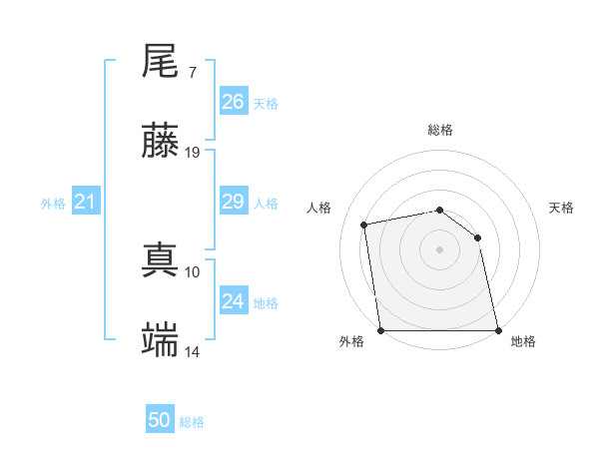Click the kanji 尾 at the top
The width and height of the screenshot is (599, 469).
(x=161, y=63)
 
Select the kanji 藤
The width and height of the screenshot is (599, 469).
(x=161, y=142)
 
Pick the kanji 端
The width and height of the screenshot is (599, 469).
(x=161, y=340)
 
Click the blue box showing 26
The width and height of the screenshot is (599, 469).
(x=234, y=102)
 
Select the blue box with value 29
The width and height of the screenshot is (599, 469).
(x=234, y=202)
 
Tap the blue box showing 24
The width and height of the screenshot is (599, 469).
(x=234, y=301)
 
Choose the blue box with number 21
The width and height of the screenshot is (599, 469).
(x=86, y=202)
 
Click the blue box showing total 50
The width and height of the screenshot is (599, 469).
(x=160, y=420)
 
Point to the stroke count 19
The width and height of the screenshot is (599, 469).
(x=193, y=153)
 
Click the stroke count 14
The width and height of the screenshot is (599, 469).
(x=193, y=351)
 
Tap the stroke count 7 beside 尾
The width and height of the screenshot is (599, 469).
(x=192, y=73)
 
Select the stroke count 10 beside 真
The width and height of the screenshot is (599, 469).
(x=193, y=271)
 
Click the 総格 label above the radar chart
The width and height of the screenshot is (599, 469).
(x=439, y=130)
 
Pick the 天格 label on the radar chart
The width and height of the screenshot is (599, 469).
(x=561, y=208)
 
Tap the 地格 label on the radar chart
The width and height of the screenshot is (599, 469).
(x=523, y=341)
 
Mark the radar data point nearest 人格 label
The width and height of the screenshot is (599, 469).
(x=365, y=225)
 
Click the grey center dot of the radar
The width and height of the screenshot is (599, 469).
(x=439, y=248)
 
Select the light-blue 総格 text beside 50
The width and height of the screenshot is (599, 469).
(x=192, y=422)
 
